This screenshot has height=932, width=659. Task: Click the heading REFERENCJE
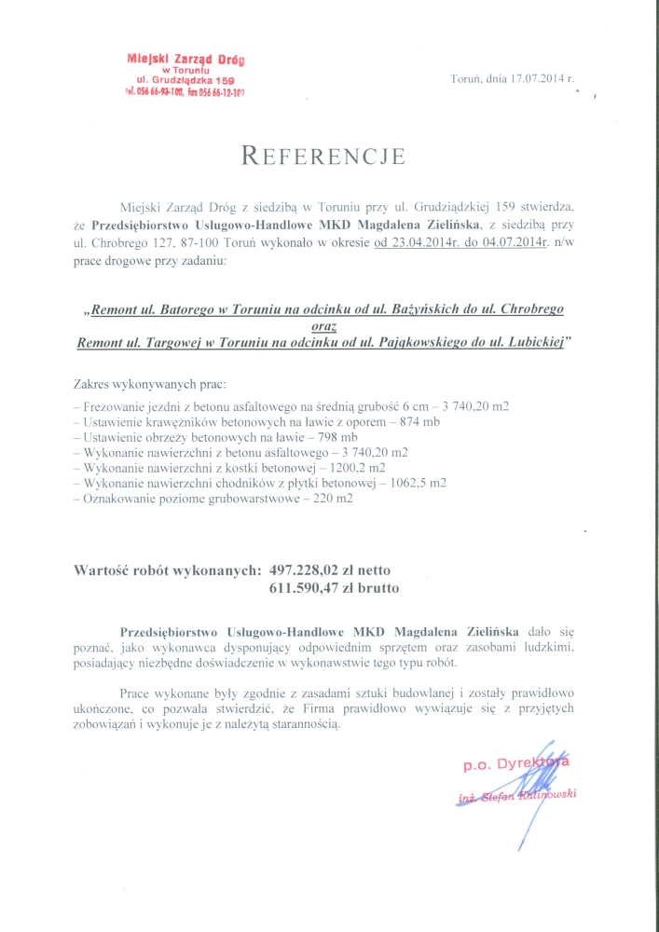click(323, 156)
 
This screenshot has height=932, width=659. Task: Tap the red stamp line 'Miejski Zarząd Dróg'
click(185, 60)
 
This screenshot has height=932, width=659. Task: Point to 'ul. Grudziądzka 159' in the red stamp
click(185, 81)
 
